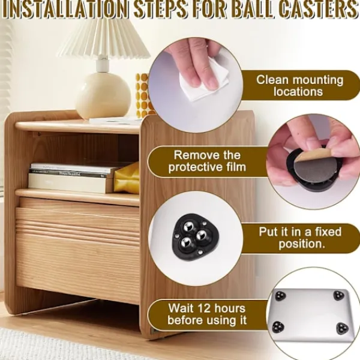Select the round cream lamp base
tap(103, 95)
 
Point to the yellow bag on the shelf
tap(127, 178)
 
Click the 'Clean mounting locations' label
tap(299, 86)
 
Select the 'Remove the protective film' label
tap(207, 161)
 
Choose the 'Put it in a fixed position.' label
tap(301, 238)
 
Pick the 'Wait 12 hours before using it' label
tap(207, 314)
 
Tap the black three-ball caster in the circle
tap(195, 237)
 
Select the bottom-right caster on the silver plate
tap(343, 329)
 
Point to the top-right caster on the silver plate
tap(339, 295)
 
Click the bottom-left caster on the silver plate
tap(278, 327)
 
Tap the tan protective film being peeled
tap(308, 157)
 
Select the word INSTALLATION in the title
tap(65, 9)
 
